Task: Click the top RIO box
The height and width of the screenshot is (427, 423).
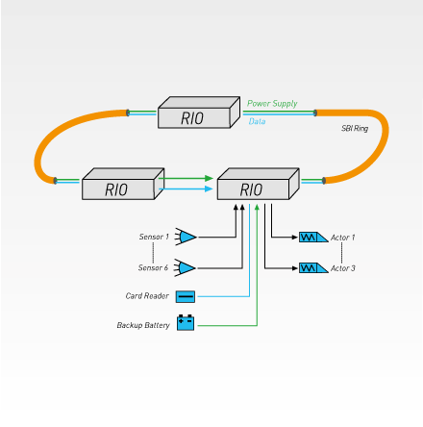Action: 199,113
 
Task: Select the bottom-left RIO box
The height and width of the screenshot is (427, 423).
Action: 123,184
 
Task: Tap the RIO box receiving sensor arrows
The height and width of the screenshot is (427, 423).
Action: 259,184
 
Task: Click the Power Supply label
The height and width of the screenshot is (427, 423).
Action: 272,104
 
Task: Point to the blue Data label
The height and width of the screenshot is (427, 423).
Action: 257,121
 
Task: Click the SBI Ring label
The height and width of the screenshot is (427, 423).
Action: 355,129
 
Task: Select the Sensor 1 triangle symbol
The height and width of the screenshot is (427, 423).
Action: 186,237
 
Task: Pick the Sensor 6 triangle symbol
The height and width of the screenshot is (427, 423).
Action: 185,267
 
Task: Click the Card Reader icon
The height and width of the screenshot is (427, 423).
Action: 186,296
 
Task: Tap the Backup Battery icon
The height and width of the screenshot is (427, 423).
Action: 186,322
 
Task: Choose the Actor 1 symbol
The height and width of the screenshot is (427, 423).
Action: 313,238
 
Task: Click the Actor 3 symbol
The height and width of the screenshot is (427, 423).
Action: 313,268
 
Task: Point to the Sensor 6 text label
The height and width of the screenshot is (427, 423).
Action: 153,267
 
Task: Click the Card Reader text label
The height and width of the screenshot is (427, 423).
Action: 147,296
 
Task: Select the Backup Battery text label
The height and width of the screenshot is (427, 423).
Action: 143,325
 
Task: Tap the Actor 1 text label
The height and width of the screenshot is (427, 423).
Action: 342,238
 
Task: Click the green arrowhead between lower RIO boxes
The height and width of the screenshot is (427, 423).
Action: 210,178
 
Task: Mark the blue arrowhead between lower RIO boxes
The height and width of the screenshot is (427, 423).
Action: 210,188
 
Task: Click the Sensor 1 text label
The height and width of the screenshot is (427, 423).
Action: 154,237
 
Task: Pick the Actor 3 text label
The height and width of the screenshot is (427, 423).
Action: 342,268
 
